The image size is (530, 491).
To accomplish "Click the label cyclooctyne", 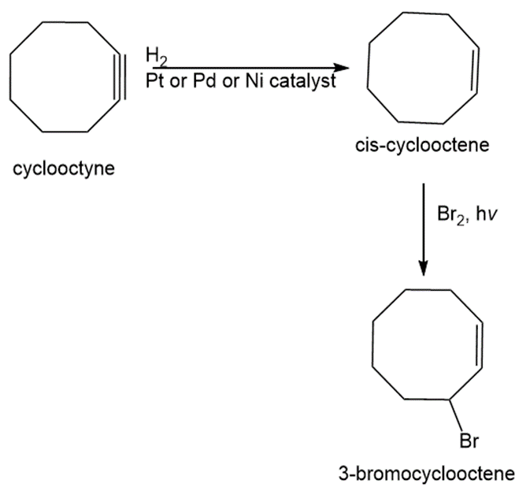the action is click(x=64, y=169).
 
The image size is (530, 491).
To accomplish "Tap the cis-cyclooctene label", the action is click(x=422, y=145).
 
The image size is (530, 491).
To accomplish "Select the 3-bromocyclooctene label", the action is click(x=427, y=474).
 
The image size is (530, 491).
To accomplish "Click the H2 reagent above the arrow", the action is click(x=156, y=56).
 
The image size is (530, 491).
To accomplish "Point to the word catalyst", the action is click(x=303, y=81).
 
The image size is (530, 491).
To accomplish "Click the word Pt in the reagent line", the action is click(x=155, y=81).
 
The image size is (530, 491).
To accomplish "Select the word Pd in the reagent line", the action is click(x=204, y=81).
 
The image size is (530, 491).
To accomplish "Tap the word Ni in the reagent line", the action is click(x=254, y=81).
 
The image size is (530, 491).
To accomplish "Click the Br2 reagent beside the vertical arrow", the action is click(x=451, y=214).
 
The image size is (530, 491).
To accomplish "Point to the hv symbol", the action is click(x=486, y=214).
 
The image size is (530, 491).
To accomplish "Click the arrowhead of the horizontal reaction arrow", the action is click(x=342, y=68).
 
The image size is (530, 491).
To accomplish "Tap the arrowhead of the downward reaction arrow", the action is click(x=423, y=268).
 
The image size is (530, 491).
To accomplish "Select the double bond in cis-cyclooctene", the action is click(x=476, y=70).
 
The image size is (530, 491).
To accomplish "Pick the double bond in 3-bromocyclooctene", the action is click(x=480, y=346).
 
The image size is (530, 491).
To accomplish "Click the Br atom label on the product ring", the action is click(x=469, y=441).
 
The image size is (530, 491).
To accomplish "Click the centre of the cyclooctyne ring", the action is click(x=65, y=76).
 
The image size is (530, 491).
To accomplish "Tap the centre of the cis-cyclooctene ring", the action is click(x=423, y=69).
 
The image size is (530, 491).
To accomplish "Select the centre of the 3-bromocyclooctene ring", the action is click(x=428, y=344).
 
